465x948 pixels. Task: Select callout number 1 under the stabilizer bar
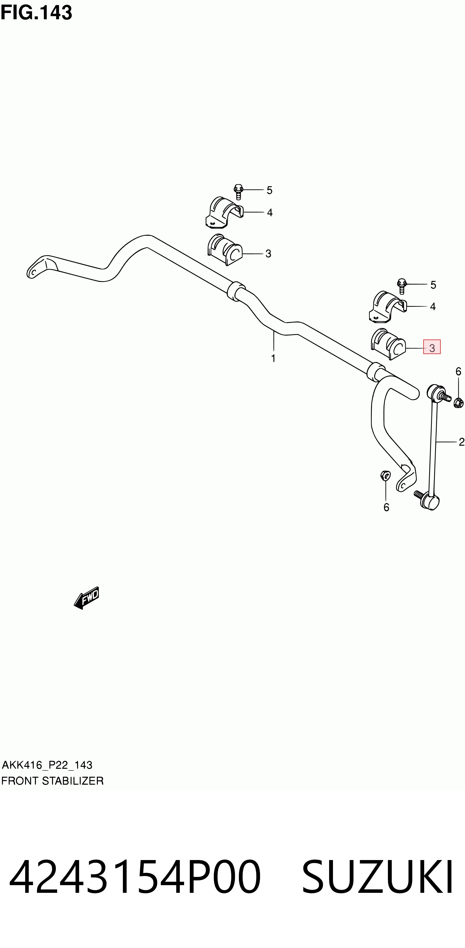273,358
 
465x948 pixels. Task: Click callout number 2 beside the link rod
461,442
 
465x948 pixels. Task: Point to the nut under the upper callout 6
458,403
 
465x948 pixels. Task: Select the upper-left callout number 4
270,213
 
